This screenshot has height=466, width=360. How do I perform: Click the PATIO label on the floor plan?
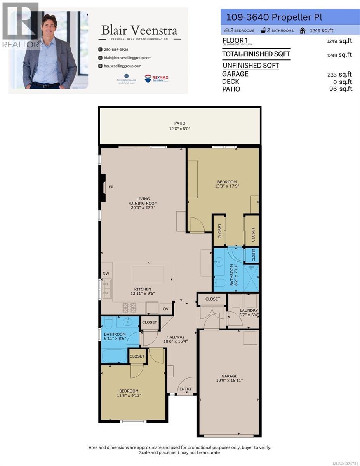point(179,123)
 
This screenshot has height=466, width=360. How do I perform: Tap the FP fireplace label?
point(111,187)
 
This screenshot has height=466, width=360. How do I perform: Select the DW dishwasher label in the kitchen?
point(106,274)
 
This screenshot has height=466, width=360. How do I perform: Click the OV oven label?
point(165,309)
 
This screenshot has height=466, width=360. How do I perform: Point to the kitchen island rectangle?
point(147,275)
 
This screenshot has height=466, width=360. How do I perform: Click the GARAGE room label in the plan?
point(230,376)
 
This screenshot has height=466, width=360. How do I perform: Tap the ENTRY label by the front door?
point(185,389)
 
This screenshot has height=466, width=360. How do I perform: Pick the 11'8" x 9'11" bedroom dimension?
point(129,396)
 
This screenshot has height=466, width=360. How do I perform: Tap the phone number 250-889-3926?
point(116,50)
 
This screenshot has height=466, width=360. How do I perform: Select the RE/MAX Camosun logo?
point(157,79)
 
